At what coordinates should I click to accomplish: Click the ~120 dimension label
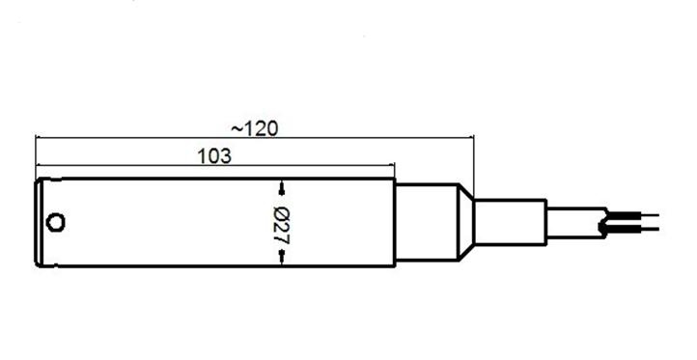point(254,129)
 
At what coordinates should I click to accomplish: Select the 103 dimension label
point(214,156)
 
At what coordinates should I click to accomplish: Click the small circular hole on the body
point(56,222)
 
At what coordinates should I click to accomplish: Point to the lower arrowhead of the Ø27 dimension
point(281,258)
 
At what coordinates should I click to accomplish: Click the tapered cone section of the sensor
point(466,222)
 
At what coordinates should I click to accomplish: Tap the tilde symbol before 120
point(237,129)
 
